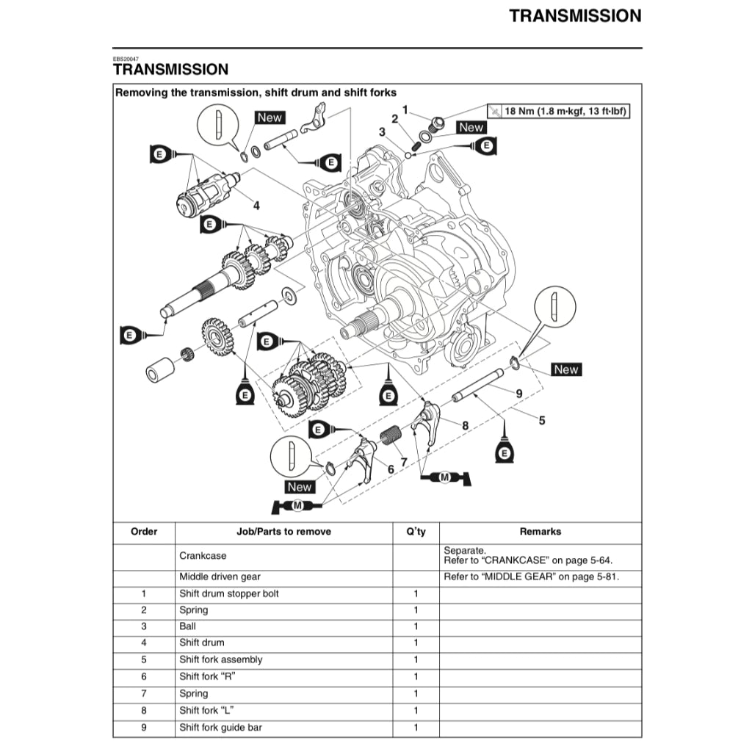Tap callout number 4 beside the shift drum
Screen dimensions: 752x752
point(256,206)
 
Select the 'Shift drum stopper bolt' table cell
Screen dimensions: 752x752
point(229,593)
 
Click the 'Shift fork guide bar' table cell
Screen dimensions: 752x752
point(220,728)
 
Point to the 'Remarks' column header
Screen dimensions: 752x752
point(540,532)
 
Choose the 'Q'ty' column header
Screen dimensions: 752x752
point(416,532)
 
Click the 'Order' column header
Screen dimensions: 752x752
point(144,532)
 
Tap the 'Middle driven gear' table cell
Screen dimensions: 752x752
point(220,576)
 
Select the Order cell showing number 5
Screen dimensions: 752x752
point(144,660)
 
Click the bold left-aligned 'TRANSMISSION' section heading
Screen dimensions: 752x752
point(170,70)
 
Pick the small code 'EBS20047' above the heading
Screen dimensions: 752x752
point(126,58)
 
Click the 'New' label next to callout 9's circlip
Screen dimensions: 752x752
point(565,369)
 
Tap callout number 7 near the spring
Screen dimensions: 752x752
point(403,462)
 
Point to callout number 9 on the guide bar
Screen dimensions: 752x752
point(519,394)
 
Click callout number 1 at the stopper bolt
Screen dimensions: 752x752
point(404,109)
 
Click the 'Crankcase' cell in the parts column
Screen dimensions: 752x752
point(203,556)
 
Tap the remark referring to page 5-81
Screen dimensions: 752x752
point(532,576)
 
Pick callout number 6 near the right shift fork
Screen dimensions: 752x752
point(391,469)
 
